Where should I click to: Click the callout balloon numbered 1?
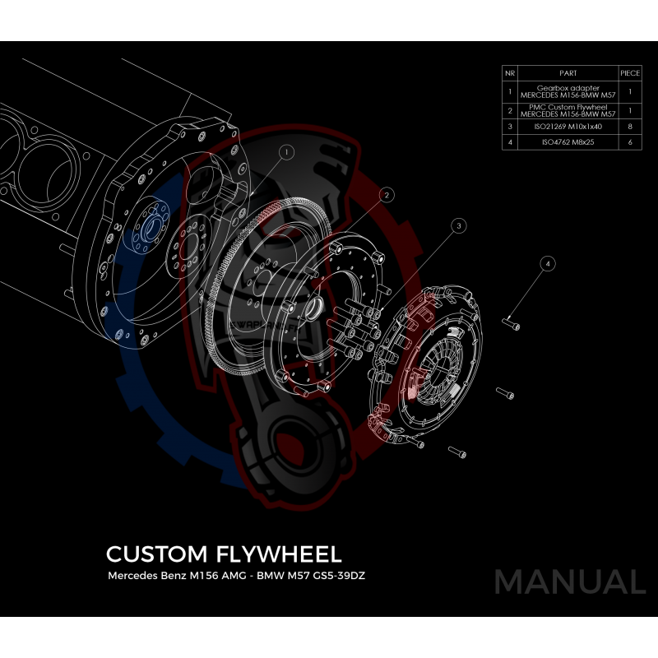click(285, 152)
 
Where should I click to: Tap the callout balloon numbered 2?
click(385, 194)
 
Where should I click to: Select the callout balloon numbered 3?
click(459, 224)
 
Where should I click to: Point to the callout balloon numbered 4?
click(549, 263)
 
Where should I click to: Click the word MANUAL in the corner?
click(570, 582)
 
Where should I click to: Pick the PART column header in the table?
click(567, 73)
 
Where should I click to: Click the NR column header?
click(509, 73)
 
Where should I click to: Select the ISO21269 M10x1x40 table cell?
click(567, 127)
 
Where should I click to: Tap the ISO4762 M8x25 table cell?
click(567, 142)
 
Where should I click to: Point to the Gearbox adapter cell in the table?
click(567, 90)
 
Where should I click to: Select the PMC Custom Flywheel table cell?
click(567, 109)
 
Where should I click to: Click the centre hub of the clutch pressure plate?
click(433, 359)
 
